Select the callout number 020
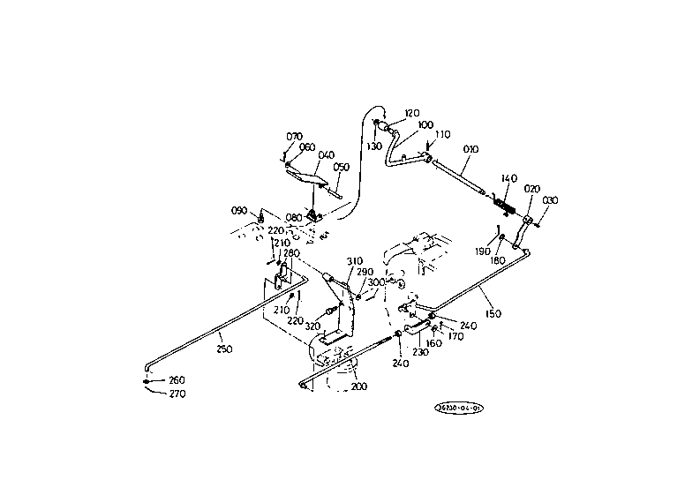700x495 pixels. tap(531, 188)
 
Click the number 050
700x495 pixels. tap(341, 166)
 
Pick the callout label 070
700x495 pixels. tap(294, 136)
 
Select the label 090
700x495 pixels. tap(239, 210)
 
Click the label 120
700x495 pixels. tap(412, 112)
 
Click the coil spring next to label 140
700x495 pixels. tap(505, 206)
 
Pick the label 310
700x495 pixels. tap(354, 260)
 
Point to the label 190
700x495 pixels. tap(482, 251)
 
